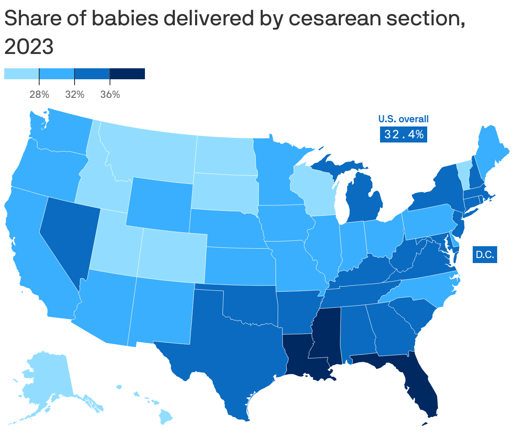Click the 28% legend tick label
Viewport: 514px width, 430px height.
(39, 94)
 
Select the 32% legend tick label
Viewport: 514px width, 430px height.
(75, 94)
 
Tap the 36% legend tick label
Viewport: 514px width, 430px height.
(110, 94)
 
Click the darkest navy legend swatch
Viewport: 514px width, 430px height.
(127, 74)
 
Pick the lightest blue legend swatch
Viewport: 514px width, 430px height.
(21, 74)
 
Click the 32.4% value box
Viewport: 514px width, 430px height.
(403, 134)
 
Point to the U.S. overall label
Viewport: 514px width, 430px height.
(403, 119)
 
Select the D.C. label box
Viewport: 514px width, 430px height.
(485, 255)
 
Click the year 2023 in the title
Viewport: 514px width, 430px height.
(29, 47)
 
